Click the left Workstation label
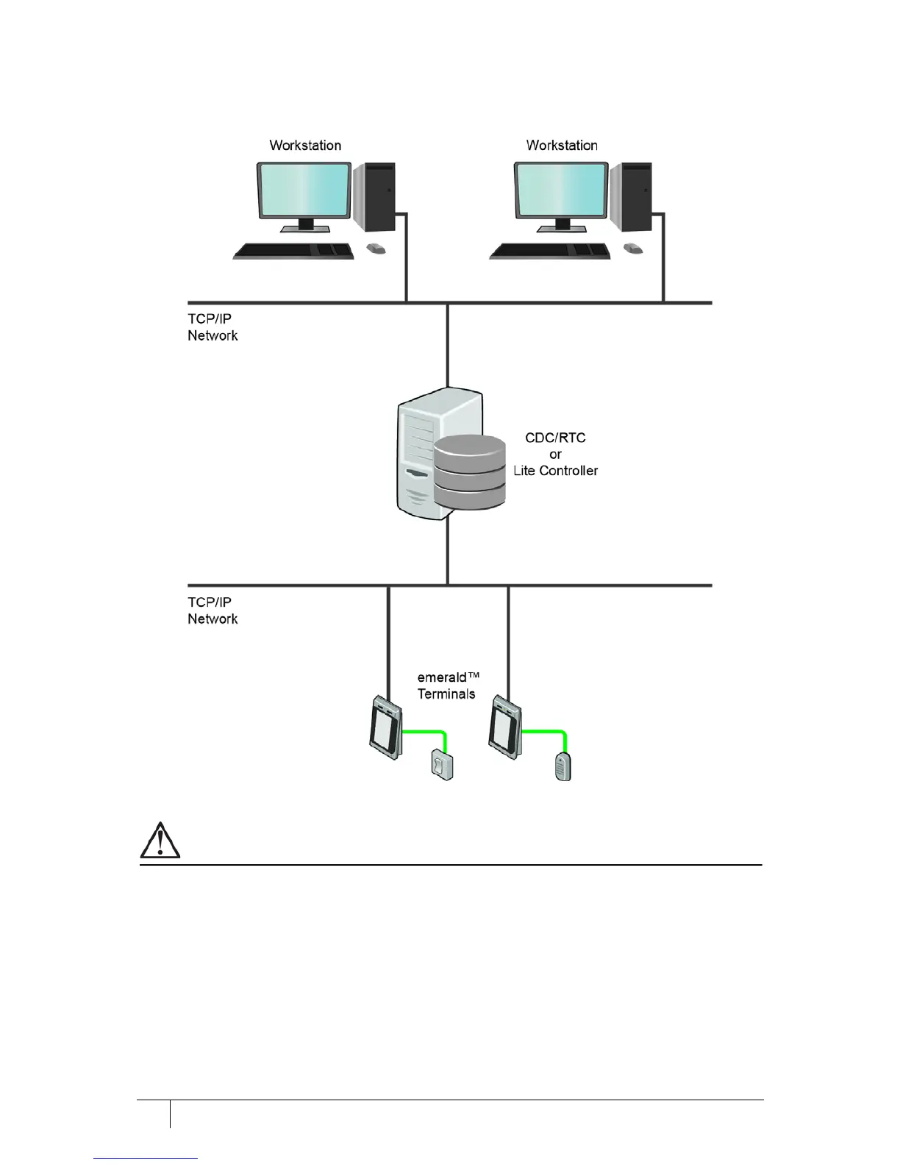coord(305,146)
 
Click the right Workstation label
coord(562,146)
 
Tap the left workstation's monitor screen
coord(304,190)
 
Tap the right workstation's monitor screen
coord(560,190)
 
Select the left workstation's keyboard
coord(294,251)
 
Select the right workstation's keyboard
coord(551,251)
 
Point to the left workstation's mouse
coord(376,249)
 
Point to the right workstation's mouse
coord(633,249)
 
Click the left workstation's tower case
coord(374,197)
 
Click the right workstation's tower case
coord(631,197)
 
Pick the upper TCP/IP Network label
coord(213,327)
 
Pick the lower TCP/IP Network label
coord(213,610)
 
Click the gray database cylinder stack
coord(469,471)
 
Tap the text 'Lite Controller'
coord(555,471)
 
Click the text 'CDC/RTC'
coord(555,438)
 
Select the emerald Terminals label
coord(447,685)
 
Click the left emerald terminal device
coord(385,727)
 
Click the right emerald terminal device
coord(506,727)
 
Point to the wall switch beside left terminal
coord(442,765)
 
